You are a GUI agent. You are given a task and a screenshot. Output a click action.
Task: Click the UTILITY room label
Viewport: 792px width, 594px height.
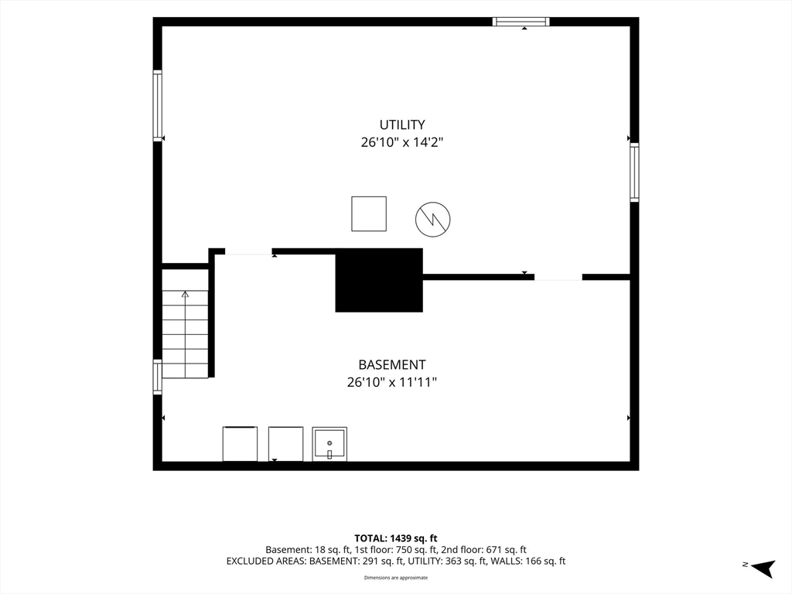(402, 125)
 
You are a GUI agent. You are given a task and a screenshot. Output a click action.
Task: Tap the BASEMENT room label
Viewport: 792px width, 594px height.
(392, 365)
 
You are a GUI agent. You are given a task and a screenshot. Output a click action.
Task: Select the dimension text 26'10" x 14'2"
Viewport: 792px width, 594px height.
(402, 142)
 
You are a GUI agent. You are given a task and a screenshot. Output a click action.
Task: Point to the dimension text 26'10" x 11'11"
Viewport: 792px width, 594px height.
(392, 382)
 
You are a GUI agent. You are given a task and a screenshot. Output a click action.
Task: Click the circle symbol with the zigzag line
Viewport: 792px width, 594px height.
(433, 219)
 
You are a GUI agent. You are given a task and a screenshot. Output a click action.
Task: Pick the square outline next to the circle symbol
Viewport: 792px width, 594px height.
(369, 214)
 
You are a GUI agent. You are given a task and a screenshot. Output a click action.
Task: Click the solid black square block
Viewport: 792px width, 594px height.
(379, 280)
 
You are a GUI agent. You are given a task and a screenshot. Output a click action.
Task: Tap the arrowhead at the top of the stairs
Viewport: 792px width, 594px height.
(185, 294)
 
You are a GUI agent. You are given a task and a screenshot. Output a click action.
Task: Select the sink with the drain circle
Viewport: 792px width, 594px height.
(329, 444)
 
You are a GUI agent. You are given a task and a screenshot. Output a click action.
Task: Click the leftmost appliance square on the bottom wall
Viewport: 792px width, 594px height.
(240, 444)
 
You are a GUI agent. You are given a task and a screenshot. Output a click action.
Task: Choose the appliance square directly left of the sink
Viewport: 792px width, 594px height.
(286, 444)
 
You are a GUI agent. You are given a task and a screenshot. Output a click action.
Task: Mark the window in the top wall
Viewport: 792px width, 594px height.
(521, 21)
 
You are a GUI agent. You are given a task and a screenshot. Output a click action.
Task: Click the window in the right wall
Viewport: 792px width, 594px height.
(634, 172)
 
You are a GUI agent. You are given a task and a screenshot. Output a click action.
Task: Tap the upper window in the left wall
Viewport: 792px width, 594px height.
(158, 105)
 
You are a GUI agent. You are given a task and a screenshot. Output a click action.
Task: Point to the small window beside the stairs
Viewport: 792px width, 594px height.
(158, 377)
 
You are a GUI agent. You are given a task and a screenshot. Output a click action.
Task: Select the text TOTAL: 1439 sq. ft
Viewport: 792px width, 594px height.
(395, 538)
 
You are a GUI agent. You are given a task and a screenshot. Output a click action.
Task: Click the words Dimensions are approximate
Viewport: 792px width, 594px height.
(396, 577)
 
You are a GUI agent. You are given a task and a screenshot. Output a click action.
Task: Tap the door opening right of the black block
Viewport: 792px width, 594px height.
(558, 277)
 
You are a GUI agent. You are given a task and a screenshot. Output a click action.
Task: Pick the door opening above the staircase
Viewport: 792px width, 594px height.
(248, 251)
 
